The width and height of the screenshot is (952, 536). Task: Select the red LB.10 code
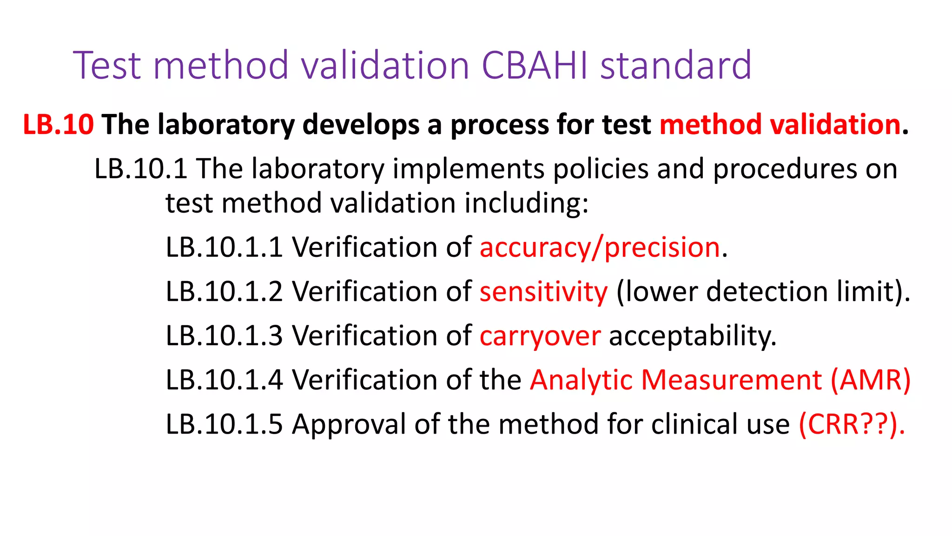tap(58, 125)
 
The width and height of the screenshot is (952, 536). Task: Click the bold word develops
tap(361, 125)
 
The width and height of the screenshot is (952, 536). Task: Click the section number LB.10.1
tap(141, 168)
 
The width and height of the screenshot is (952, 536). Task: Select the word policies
tap(601, 168)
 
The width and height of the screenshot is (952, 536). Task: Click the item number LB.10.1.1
tap(224, 247)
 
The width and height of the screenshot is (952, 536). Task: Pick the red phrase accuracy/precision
tap(600, 247)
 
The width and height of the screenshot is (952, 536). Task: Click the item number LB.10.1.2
tap(224, 291)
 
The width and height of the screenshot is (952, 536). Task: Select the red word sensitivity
tap(543, 291)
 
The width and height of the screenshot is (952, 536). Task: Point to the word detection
tap(767, 291)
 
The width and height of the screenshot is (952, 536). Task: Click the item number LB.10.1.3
tap(224, 335)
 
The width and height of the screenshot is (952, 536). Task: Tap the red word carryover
tap(540, 335)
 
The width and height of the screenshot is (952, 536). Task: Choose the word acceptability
tap(692, 335)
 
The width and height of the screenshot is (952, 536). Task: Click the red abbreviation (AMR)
tap(871, 380)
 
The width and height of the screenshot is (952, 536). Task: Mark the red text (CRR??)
tap(852, 424)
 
